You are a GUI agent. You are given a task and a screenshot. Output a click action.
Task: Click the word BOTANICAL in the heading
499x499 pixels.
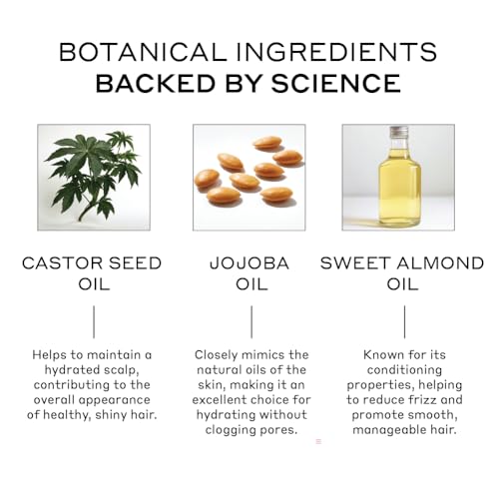click(143, 52)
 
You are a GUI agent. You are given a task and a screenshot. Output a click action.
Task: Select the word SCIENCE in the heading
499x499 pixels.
click(336, 83)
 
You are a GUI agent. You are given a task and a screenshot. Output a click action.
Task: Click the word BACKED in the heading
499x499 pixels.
click(156, 83)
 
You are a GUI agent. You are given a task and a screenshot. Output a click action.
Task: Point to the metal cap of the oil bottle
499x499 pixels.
click(399, 132)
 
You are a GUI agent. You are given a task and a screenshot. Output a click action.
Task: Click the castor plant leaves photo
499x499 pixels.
click(94, 178)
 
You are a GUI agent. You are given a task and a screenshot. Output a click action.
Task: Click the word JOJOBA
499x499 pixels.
click(249, 263)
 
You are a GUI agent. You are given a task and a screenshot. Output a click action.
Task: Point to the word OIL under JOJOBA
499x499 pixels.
click(251, 284)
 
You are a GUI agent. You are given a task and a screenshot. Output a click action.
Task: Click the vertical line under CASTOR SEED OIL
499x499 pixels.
click(94, 322)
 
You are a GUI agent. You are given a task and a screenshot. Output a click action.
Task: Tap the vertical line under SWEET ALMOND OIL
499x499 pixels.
click(404, 322)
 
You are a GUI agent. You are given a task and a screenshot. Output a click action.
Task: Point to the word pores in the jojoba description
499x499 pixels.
click(279, 430)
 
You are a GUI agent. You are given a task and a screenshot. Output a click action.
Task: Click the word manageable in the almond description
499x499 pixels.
click(388, 430)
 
